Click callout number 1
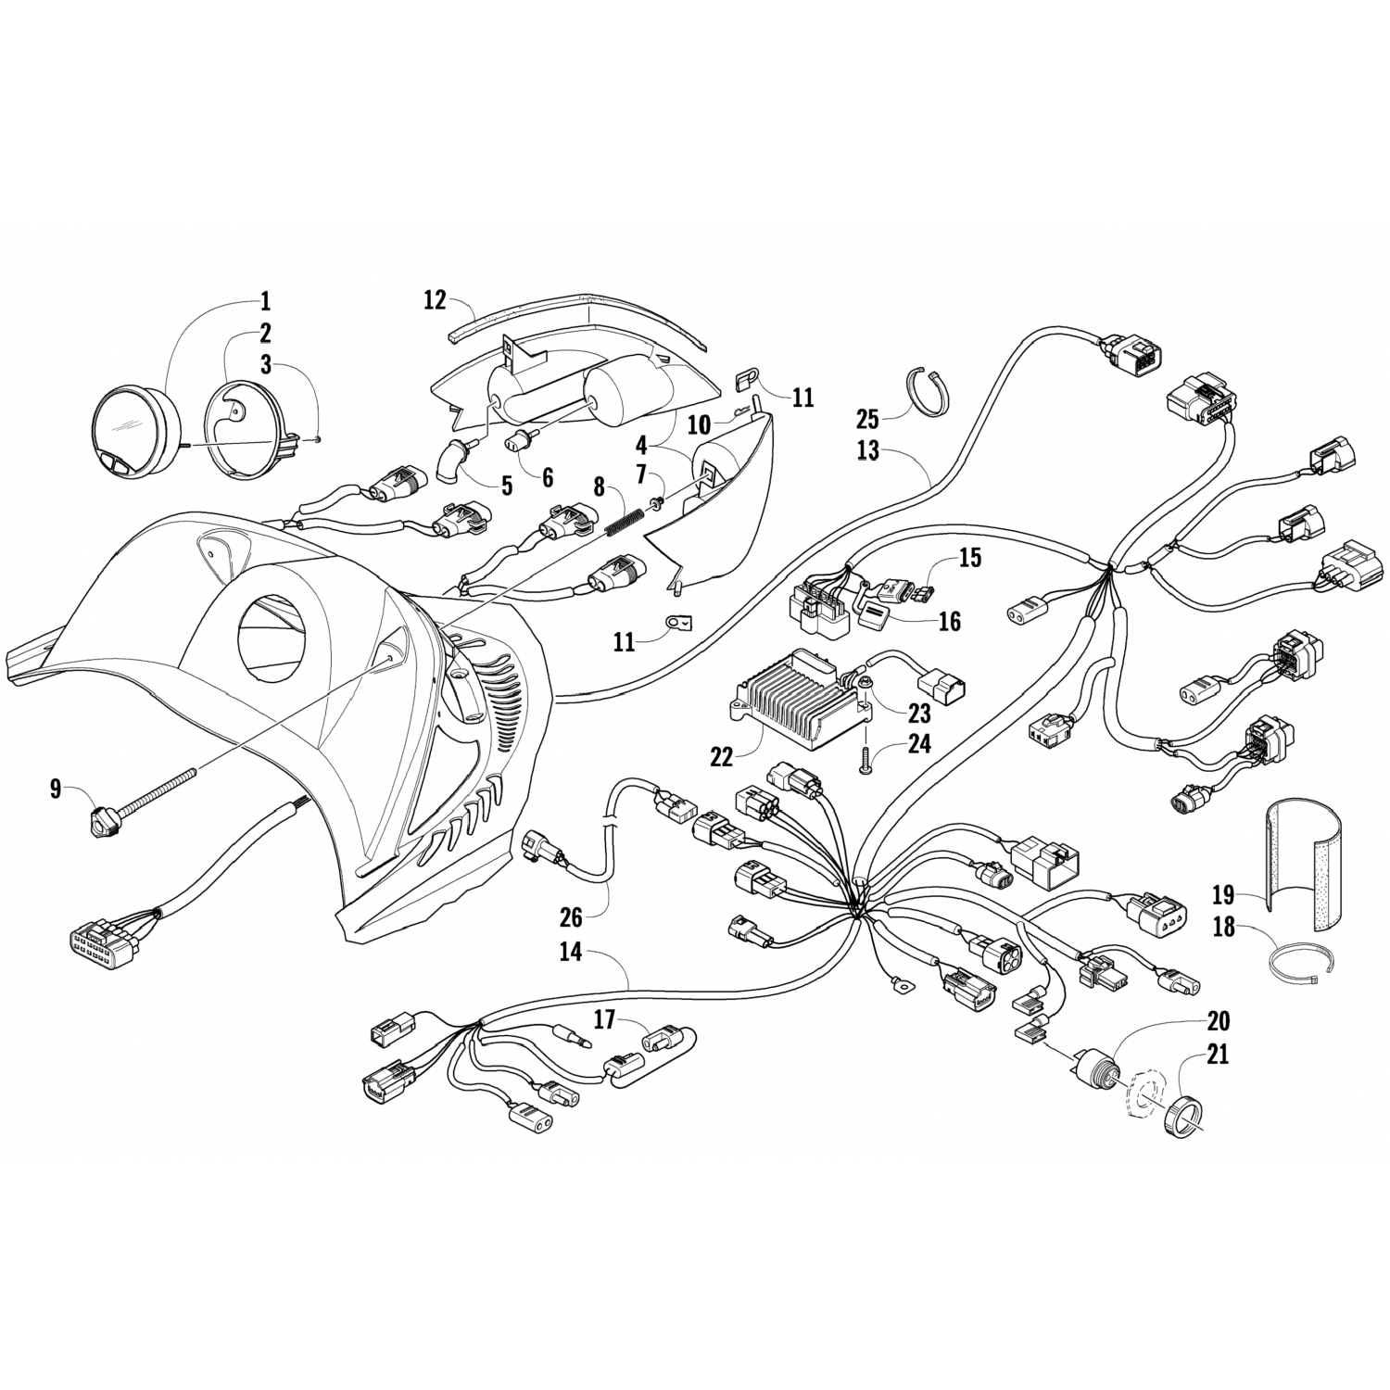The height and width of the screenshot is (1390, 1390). [264, 301]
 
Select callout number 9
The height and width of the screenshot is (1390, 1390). [57, 790]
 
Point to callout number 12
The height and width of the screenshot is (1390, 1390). [435, 300]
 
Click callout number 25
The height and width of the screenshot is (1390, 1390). [866, 419]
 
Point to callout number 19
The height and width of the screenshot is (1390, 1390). [1223, 895]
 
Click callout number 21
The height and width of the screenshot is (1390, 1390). [1218, 1054]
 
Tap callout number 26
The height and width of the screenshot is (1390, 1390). [571, 917]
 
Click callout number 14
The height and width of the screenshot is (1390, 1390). [571, 952]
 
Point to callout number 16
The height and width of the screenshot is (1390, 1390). [949, 621]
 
